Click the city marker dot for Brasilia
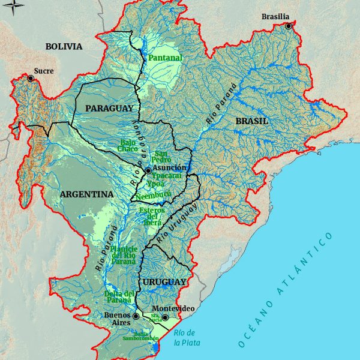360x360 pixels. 289,26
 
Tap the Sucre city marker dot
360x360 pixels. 31,78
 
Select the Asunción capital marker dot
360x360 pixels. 148,170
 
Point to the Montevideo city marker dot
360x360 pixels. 164,317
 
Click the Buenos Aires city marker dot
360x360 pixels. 136,316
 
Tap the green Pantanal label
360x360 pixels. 165,58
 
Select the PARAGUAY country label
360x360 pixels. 109,108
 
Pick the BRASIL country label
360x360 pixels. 251,121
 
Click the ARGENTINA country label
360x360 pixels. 86,194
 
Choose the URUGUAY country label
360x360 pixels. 163,281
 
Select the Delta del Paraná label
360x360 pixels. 120,296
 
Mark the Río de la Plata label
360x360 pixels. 184,338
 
